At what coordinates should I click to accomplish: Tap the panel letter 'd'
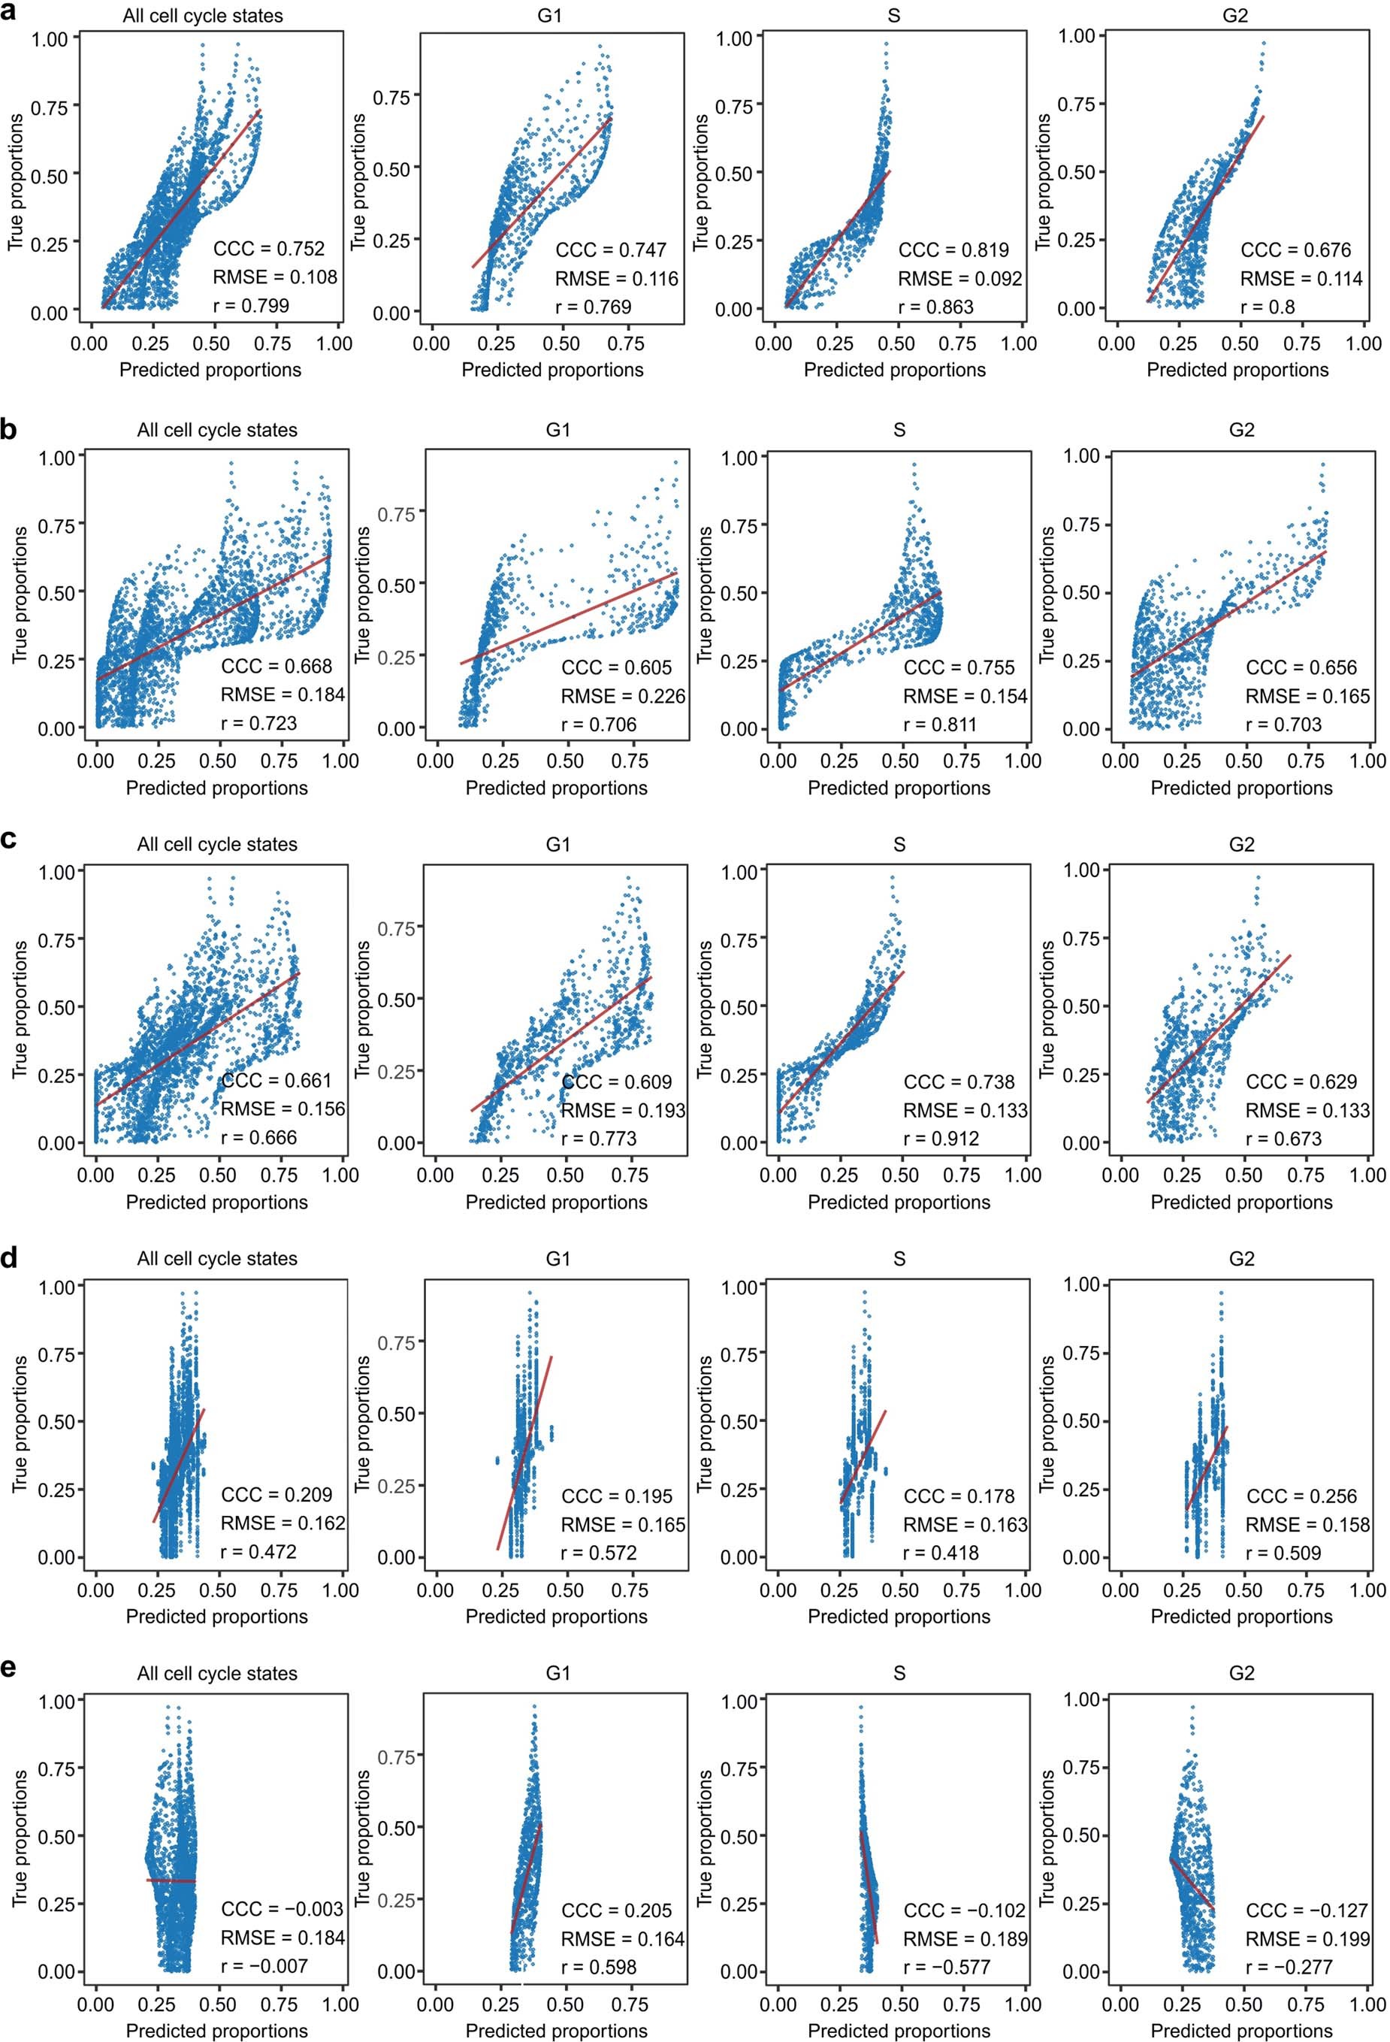coord(10,1257)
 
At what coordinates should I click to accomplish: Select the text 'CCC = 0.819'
coord(953,250)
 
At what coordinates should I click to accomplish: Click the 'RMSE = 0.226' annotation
coord(623,696)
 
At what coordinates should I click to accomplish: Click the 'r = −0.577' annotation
coord(946,1966)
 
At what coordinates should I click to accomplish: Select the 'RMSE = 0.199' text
coord(1307,1938)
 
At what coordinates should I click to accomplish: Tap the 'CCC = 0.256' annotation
coord(1301,1496)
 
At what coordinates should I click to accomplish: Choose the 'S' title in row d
coord(898,1258)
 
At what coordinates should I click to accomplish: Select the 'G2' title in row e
coord(1240,1673)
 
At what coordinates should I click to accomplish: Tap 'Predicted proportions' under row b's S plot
coord(898,788)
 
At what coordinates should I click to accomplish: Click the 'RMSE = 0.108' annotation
coord(274,277)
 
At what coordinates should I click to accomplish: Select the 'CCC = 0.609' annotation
coord(616,1082)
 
